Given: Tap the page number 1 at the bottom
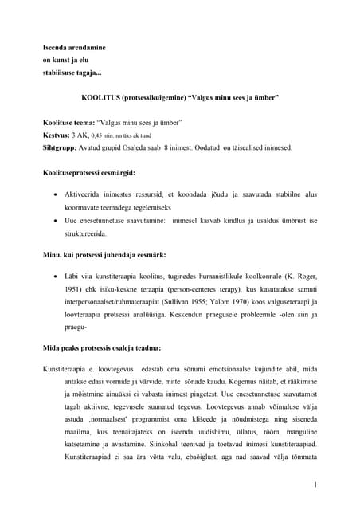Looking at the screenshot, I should (x=315, y=484).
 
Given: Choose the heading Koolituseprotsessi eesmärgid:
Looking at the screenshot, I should (x=89, y=172).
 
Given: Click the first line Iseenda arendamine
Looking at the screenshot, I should (x=74, y=48).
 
